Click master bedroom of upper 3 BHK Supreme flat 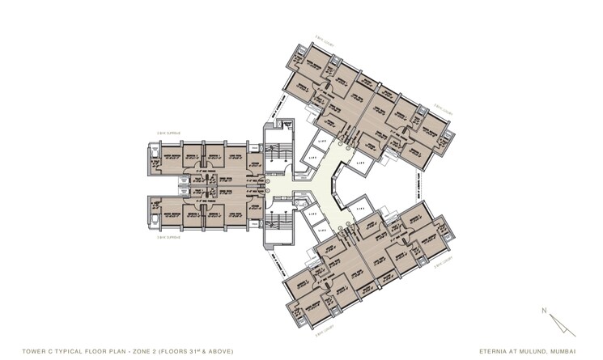[172, 156]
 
